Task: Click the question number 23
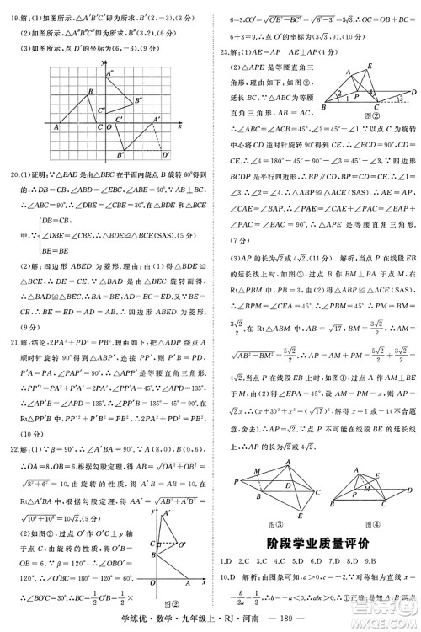click(225, 51)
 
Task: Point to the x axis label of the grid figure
click(180, 126)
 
